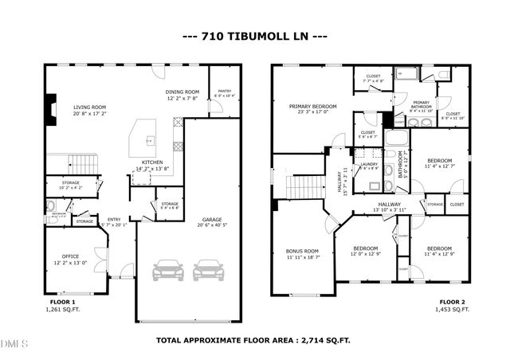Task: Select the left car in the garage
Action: point(167,270)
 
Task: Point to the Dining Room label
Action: point(182,92)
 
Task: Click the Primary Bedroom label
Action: point(313,106)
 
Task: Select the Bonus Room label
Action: point(302,251)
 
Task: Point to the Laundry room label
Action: point(368,164)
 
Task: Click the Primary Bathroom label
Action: point(421,103)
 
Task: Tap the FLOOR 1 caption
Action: point(61,303)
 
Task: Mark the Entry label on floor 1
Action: point(115,220)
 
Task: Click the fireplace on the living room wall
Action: point(51,107)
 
